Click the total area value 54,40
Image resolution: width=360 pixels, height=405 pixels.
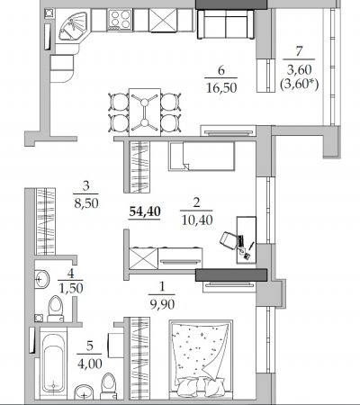(x=145, y=211)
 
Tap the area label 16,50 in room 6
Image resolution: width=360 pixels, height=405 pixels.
(x=221, y=88)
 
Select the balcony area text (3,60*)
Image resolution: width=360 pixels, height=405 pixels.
(x=299, y=85)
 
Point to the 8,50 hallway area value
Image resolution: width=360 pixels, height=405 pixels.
(x=86, y=203)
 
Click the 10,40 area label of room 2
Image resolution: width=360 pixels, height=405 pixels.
(x=197, y=220)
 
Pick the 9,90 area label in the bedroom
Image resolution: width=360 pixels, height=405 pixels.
(x=162, y=304)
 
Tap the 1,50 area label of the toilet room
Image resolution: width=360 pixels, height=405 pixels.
(x=71, y=288)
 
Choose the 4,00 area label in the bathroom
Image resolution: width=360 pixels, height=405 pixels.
(x=90, y=364)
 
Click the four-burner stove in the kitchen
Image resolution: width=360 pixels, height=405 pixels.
(x=121, y=20)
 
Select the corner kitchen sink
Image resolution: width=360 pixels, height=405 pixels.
(x=72, y=26)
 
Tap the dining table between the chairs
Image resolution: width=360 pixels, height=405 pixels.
(x=145, y=112)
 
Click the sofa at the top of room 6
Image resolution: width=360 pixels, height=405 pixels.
(x=226, y=24)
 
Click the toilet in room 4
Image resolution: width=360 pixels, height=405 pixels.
(x=56, y=309)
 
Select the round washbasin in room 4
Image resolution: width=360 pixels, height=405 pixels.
(x=41, y=279)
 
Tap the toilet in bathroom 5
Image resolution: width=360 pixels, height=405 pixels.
(x=108, y=386)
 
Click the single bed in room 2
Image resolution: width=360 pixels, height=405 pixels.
(x=202, y=156)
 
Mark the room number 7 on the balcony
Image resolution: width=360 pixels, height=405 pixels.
(x=299, y=51)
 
